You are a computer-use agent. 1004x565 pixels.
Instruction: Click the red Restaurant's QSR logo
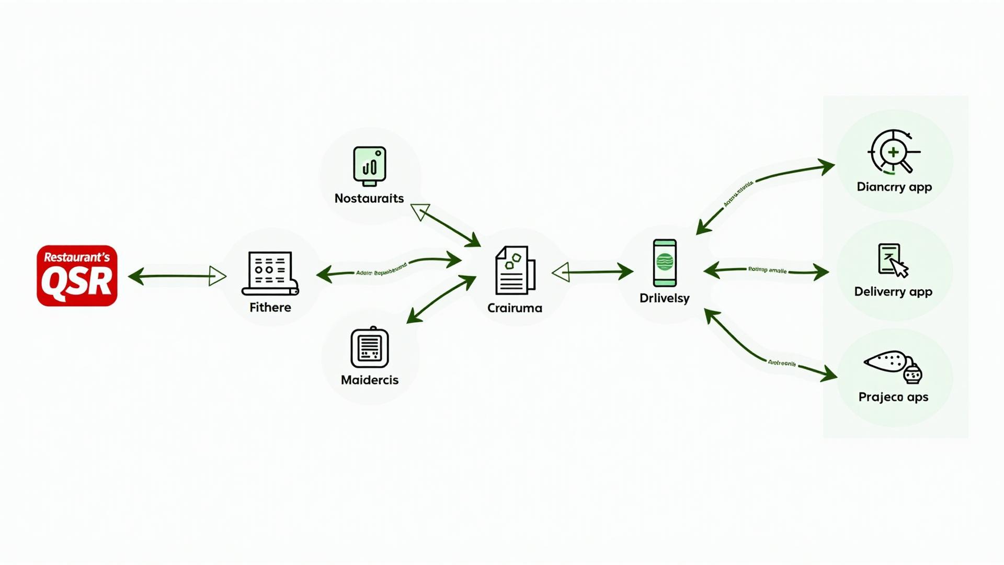coord(77,276)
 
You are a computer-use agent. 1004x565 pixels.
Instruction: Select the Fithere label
coord(270,308)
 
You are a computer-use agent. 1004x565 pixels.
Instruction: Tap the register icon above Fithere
coord(270,274)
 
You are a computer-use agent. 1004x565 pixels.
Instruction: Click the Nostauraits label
coord(369,199)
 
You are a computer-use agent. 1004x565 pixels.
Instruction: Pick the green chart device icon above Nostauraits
coord(370,166)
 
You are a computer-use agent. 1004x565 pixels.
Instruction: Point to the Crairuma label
coord(515,308)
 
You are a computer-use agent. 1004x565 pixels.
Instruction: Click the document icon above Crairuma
coord(515,270)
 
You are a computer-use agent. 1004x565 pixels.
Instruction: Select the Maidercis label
coord(370,380)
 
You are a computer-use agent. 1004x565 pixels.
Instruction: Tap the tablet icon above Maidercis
coord(370,347)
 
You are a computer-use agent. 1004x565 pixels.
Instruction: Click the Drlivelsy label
coord(664,298)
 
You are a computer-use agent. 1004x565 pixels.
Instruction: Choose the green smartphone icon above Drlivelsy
coord(665,263)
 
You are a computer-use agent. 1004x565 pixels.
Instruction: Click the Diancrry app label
coord(894,187)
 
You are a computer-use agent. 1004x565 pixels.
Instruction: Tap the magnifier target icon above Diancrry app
coord(893,152)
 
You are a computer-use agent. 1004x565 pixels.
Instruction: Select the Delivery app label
coord(893,292)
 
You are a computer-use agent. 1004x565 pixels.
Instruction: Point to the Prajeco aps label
coord(893,397)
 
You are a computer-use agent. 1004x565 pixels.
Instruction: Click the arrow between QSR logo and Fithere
coord(177,276)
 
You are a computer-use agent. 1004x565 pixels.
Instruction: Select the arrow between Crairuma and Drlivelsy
coord(592,272)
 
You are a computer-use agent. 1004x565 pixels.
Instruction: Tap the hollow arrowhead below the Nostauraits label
coord(419,212)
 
